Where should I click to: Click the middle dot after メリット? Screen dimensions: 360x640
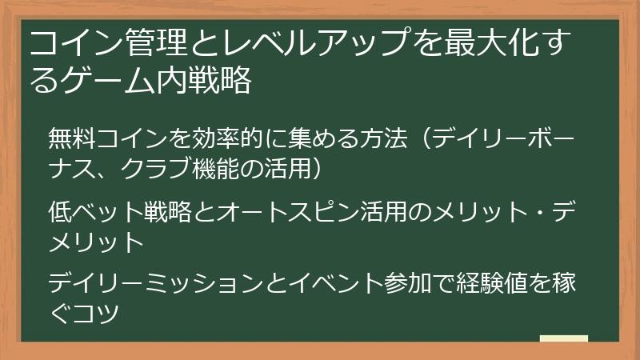(528, 212)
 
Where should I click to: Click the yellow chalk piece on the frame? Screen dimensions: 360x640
(563, 339)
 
